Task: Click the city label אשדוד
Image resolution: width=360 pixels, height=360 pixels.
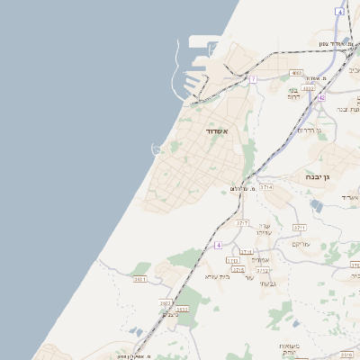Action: tap(218, 131)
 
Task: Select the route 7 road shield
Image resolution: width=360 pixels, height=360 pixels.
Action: tap(254, 79)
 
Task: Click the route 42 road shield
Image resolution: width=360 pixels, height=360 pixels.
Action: tap(321, 96)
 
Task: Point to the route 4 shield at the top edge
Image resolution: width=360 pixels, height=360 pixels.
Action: tap(339, 11)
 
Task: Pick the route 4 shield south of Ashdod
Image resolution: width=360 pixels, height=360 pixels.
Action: tap(218, 245)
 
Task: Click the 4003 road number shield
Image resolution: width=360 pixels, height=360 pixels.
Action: tap(296, 73)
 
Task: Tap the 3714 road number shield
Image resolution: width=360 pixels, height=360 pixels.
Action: tap(266, 186)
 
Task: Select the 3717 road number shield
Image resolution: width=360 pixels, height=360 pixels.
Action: tap(242, 222)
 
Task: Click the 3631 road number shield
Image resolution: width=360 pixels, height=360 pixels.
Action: tap(140, 280)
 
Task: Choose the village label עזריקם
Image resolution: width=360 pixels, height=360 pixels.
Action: tap(301, 244)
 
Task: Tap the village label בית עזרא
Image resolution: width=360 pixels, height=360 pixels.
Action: tap(218, 276)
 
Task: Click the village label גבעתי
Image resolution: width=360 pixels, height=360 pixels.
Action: tap(267, 284)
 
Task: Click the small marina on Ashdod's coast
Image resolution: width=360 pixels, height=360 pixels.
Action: tap(157, 148)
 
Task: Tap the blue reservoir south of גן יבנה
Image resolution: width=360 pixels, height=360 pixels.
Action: tap(316, 206)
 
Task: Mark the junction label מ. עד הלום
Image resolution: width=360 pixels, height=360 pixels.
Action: tap(238, 188)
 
